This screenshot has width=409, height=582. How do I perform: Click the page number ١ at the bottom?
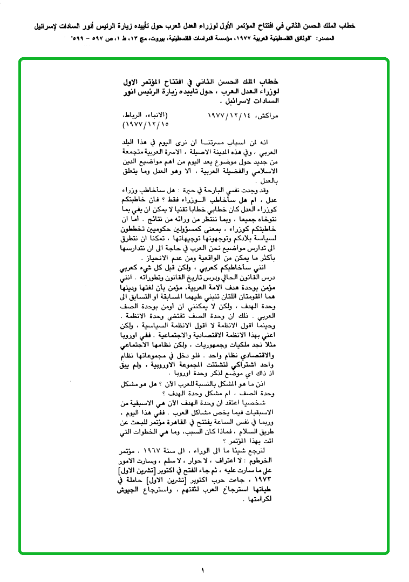coord(203,570)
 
